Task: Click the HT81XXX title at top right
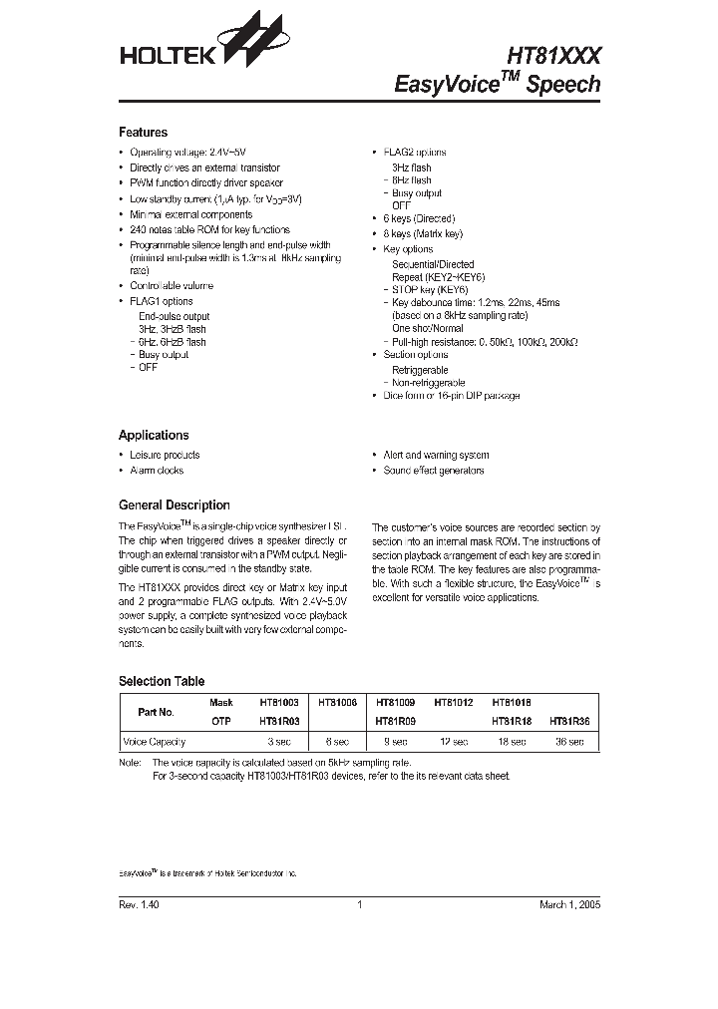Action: pos(553,57)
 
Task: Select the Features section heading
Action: pos(143,132)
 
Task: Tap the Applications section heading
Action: pos(154,435)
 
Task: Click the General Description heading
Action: pos(175,504)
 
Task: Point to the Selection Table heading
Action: pos(162,681)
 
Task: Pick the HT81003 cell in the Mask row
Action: pos(279,703)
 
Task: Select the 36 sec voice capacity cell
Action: pos(569,743)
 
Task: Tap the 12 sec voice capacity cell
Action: pos(453,743)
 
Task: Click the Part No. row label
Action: pos(156,712)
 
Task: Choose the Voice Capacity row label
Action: pos(150,743)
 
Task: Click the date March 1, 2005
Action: pos(569,904)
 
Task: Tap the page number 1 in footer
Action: pos(358,904)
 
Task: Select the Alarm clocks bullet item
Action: pos(157,470)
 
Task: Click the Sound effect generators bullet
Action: pos(433,470)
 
